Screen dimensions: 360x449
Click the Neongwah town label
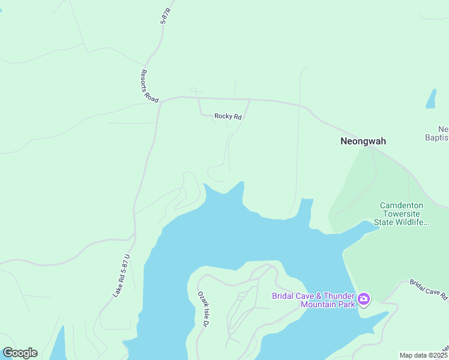363,142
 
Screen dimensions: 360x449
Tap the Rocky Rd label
228,117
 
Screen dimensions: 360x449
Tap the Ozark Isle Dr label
203,309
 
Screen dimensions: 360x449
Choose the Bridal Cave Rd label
429,290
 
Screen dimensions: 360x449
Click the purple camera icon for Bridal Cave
363,299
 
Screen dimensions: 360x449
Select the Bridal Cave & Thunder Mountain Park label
312,300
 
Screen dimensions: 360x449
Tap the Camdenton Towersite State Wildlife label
402,214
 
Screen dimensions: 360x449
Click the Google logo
20,353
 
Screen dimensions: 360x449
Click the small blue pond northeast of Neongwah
431,99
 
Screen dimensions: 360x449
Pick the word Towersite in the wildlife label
402,214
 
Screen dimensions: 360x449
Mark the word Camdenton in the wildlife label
402,205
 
